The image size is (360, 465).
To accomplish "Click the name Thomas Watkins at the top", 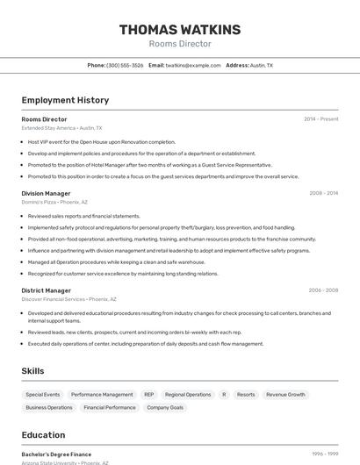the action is pyautogui.click(x=180, y=30).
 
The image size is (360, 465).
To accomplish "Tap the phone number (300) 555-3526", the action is pyautogui.click(x=125, y=65).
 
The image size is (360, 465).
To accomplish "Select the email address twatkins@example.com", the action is pyautogui.click(x=193, y=65).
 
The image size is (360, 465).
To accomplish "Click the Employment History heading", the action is pyautogui.click(x=65, y=100).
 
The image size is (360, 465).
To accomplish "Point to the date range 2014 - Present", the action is pyautogui.click(x=320, y=118).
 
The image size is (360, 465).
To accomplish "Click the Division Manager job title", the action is pyautogui.click(x=46, y=193).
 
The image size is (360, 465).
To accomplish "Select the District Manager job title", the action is pyautogui.click(x=46, y=290).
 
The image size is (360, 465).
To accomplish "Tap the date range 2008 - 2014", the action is pyautogui.click(x=323, y=193).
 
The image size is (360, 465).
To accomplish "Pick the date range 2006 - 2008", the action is pyautogui.click(x=323, y=290).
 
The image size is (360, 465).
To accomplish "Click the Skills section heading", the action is pyautogui.click(x=32, y=371).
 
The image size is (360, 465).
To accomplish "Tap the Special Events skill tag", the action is pyautogui.click(x=43, y=395).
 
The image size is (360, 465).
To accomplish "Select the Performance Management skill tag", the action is pyautogui.click(x=102, y=395).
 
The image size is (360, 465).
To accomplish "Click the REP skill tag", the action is pyautogui.click(x=149, y=395).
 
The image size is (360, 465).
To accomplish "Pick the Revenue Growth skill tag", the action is pyautogui.click(x=285, y=395).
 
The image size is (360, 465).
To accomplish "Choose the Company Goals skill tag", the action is pyautogui.click(x=165, y=407).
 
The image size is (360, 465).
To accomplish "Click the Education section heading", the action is pyautogui.click(x=43, y=435).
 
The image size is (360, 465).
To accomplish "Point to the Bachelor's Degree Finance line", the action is pyautogui.click(x=56, y=454).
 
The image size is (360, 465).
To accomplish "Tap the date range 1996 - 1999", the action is pyautogui.click(x=325, y=454).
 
